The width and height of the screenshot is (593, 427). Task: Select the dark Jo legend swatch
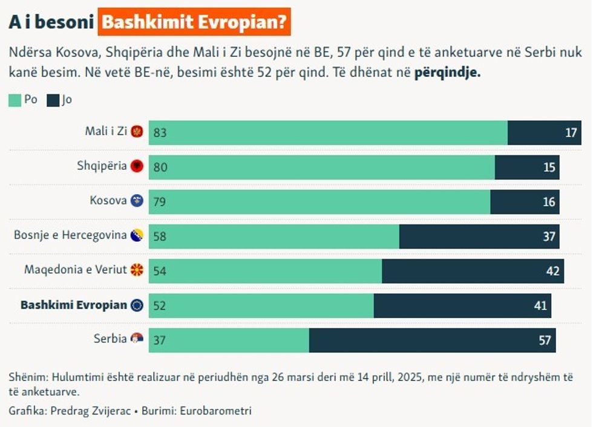[x=53, y=100]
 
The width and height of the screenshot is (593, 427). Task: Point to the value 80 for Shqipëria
[x=160, y=167]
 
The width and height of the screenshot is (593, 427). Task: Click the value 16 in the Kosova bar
[x=549, y=201]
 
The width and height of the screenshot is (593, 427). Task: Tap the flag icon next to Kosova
[x=137, y=201]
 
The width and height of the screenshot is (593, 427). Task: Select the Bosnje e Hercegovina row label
[x=70, y=235]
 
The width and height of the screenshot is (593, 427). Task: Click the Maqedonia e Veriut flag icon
[x=137, y=270]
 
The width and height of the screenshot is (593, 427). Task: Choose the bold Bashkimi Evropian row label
[x=74, y=305]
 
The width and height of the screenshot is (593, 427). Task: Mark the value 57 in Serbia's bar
[x=545, y=340]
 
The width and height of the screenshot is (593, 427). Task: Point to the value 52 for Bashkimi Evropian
[x=160, y=305]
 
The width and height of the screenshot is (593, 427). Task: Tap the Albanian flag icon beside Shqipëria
[x=137, y=166]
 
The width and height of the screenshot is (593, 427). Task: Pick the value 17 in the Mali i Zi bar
[x=572, y=132]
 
